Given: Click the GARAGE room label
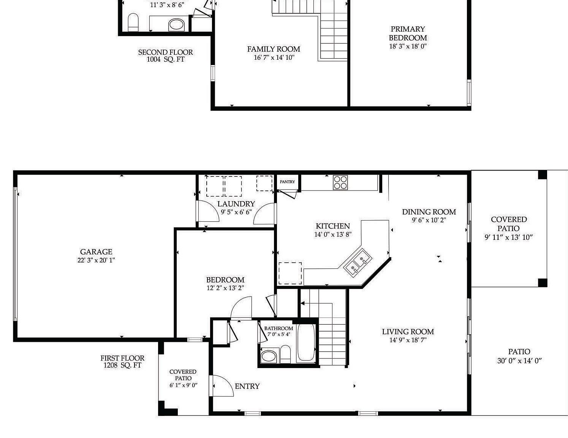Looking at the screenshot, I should [x=96, y=252].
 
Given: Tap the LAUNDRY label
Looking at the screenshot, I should [x=236, y=204].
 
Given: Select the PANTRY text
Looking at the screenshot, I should [x=287, y=182].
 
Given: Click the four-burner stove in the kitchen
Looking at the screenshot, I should [x=340, y=182].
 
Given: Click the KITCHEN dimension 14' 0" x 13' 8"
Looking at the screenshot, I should [x=332, y=235].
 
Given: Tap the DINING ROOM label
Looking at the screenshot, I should [x=429, y=212].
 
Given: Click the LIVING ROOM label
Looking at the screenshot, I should [x=408, y=332].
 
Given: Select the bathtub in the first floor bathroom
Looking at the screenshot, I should [x=306, y=342].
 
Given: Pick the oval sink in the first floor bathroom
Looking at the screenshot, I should [x=269, y=356].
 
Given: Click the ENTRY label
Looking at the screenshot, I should [x=247, y=386].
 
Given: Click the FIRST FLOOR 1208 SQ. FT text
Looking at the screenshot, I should [x=122, y=362].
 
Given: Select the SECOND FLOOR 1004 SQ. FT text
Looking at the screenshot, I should [x=165, y=56].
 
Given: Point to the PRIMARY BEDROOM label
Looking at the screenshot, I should [x=408, y=33].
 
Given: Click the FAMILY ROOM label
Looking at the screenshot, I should [x=274, y=49].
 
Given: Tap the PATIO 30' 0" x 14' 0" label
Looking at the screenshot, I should [x=519, y=356].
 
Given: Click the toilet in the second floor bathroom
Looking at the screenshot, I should [x=133, y=22].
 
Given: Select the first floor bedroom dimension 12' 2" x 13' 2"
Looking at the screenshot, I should [x=225, y=288].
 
